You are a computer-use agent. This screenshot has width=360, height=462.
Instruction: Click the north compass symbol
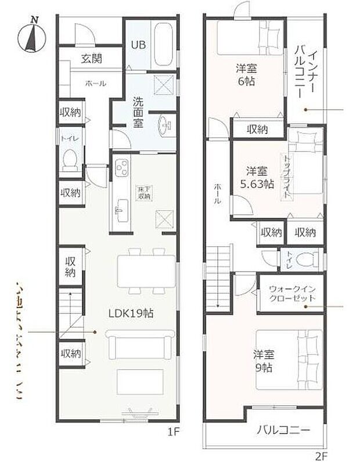click(x=33, y=37)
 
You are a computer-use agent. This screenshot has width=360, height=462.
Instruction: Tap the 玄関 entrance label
click(x=92, y=58)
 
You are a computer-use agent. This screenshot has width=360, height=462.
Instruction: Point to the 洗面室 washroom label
click(x=139, y=111)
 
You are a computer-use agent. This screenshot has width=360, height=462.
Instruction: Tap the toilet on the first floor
click(x=70, y=158)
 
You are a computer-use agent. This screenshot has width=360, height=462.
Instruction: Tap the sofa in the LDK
click(x=140, y=345)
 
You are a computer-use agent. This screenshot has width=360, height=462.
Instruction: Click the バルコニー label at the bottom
click(x=283, y=431)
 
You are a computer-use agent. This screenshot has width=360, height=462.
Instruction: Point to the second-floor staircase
click(x=218, y=273)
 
